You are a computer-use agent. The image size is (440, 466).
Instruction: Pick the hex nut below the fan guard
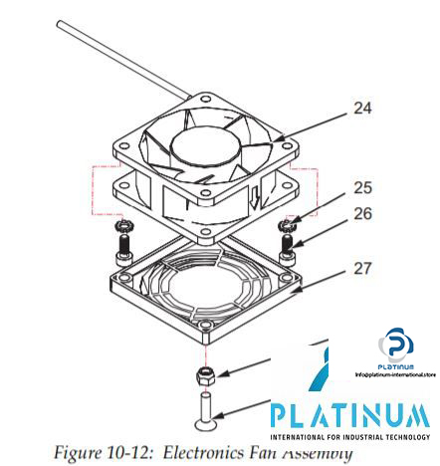[x=205, y=374]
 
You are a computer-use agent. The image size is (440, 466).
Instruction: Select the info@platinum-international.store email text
[x=395, y=374]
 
